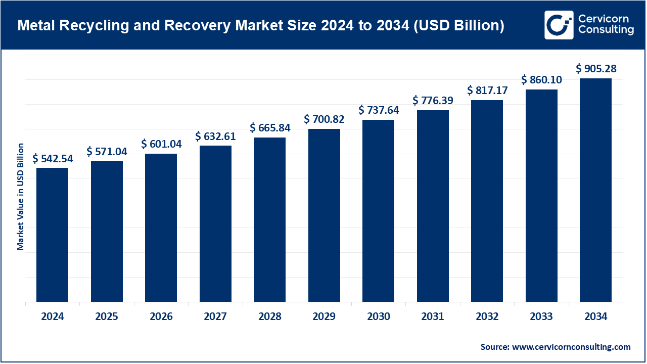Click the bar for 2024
[52, 235]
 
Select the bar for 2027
[215, 223]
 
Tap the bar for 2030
[378, 210]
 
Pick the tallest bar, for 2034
[595, 190]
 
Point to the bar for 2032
[487, 201]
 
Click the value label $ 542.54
[53, 159]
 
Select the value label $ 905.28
[596, 69]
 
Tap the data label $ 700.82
[325, 119]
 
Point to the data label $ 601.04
[161, 144]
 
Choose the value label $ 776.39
[433, 101]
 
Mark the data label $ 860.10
[542, 80]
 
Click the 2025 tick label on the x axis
[107, 317]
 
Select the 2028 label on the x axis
[270, 317]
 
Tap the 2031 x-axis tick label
[433, 317]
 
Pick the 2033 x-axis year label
[541, 317]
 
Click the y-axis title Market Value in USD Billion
[21, 196]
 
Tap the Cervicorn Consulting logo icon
[559, 25]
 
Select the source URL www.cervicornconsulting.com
[571, 347]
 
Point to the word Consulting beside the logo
[606, 30]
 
